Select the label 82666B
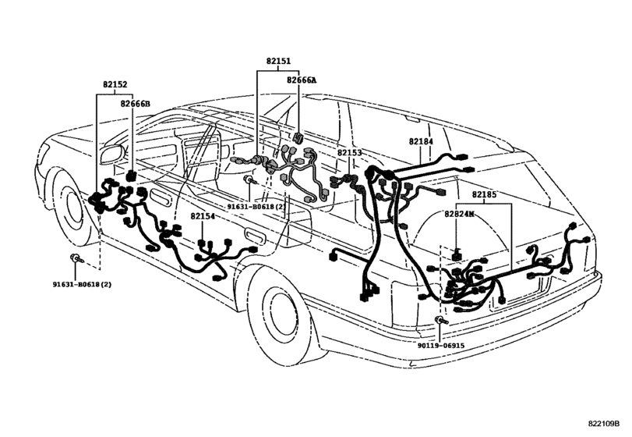[x=136, y=103]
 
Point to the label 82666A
[x=301, y=80]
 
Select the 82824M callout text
[x=460, y=213]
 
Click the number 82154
[x=203, y=216]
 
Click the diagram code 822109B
[x=608, y=423]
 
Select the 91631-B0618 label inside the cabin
[x=252, y=207]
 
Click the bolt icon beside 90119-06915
[x=441, y=322]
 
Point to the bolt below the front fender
[x=76, y=258]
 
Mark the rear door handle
[x=254, y=236]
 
